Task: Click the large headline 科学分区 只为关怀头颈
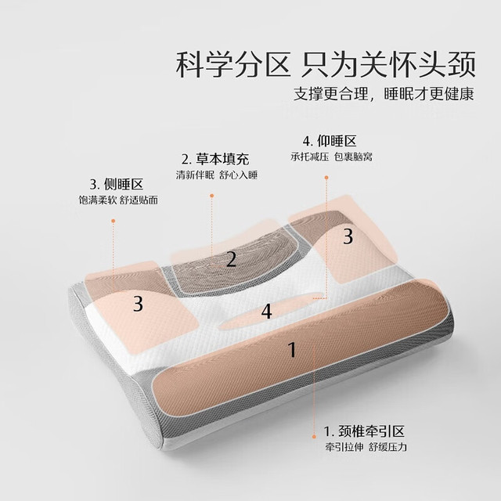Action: point(326,65)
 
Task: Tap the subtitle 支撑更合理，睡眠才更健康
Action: point(384,94)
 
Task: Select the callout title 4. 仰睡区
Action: point(330,141)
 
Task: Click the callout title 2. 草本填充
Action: point(215,159)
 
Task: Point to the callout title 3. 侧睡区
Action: point(117,185)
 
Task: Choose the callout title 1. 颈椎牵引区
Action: point(364,431)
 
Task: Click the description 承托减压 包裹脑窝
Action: point(332,157)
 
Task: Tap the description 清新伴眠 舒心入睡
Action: point(217,175)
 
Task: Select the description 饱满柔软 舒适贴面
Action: point(118,200)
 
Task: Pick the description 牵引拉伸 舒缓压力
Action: point(366,447)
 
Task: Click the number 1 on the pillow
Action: point(292,349)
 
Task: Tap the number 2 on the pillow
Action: point(231,259)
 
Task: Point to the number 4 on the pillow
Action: point(266,312)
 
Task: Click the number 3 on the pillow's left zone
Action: point(138,304)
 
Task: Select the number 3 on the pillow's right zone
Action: point(348,236)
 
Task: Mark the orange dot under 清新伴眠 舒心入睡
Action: point(212,196)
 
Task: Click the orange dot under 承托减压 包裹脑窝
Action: point(326,178)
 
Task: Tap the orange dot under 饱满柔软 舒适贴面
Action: point(113,221)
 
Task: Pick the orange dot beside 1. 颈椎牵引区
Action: point(314,437)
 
